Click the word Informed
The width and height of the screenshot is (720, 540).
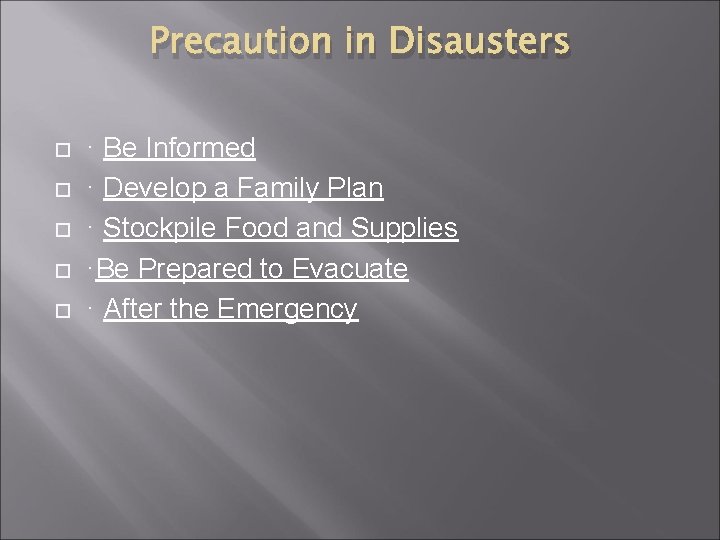pyautogui.click(x=200, y=148)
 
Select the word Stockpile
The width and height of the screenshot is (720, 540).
pyautogui.click(x=161, y=228)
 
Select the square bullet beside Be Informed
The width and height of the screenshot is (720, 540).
pyautogui.click(x=61, y=150)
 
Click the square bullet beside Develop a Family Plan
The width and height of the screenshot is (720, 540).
pyautogui.click(x=61, y=190)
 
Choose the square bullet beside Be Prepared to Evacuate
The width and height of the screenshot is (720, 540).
pyautogui.click(x=61, y=271)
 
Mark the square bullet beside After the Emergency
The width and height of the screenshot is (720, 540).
pyautogui.click(x=61, y=311)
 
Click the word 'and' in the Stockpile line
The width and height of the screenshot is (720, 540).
pyautogui.click(x=320, y=228)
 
